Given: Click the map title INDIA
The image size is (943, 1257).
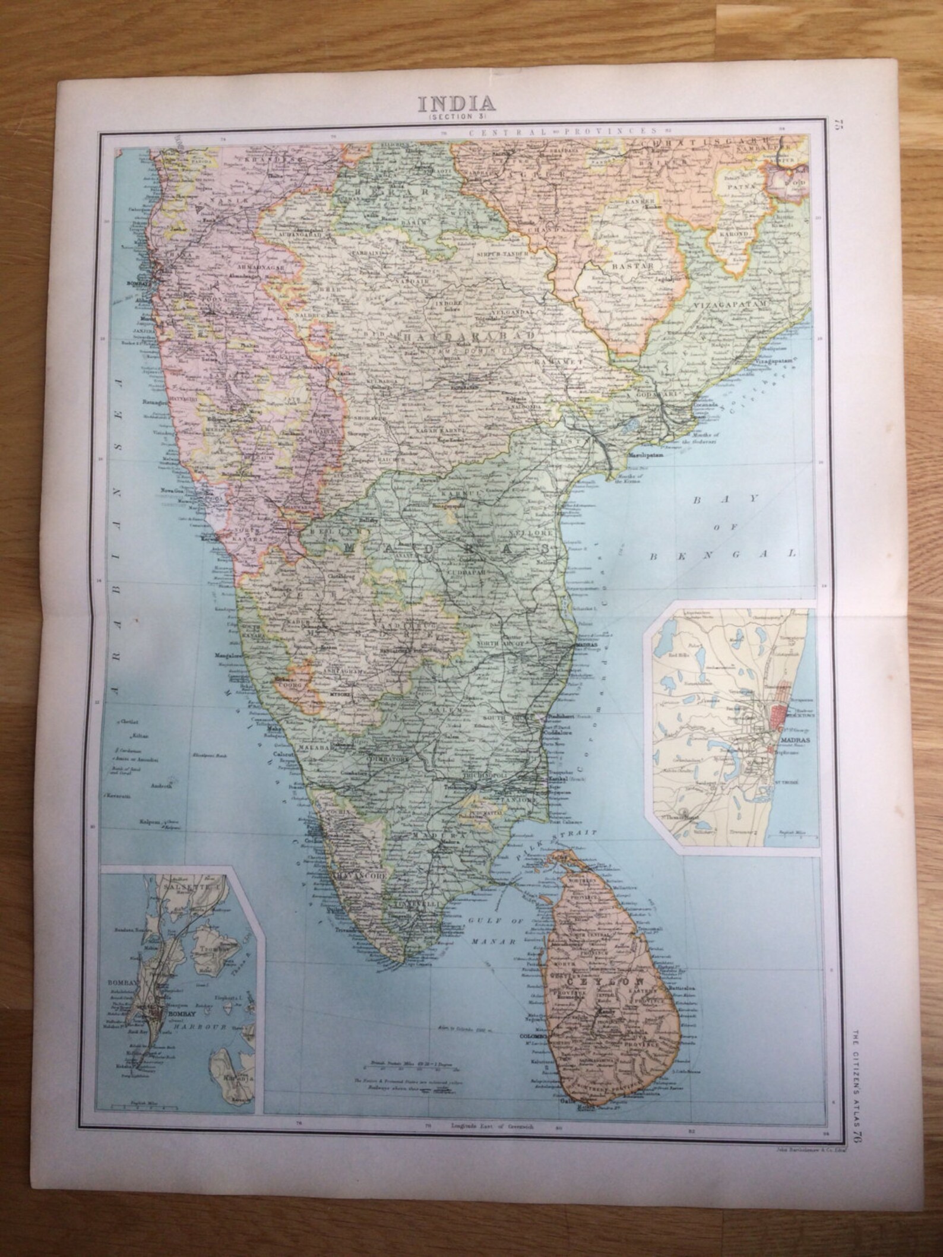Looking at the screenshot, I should [457, 103].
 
